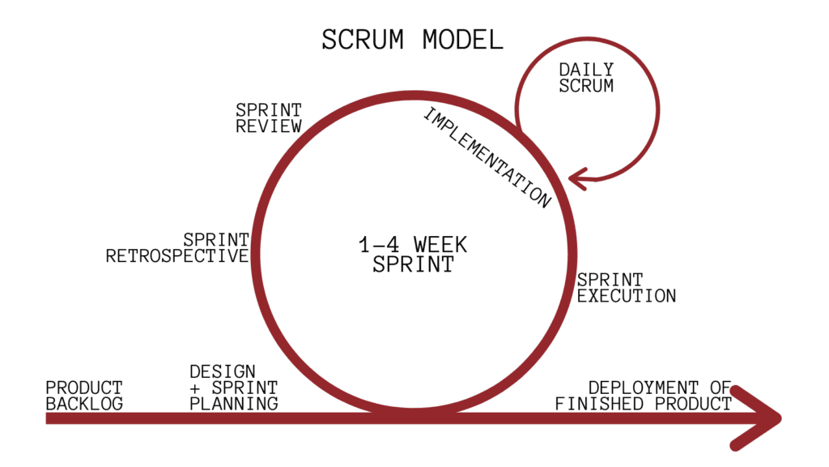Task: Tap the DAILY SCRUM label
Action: tap(586, 78)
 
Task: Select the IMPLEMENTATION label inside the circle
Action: tap(487, 157)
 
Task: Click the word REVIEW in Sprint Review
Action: tap(268, 126)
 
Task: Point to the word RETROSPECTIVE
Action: tap(176, 256)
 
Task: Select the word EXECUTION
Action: tap(626, 296)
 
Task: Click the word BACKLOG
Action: tap(84, 403)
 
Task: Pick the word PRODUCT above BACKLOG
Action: tap(84, 388)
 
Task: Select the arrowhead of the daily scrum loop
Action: tap(576, 177)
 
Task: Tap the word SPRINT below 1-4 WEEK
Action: tap(413, 264)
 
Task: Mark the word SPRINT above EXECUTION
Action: tap(610, 281)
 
